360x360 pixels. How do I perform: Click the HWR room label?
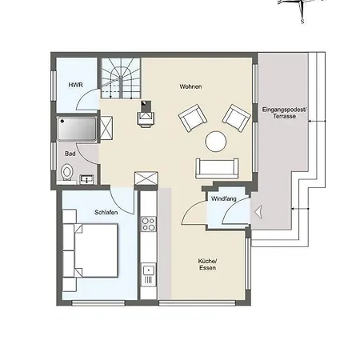(76, 85)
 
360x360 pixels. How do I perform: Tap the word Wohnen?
(190, 86)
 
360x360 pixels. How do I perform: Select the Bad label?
(70, 154)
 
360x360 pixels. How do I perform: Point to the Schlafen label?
(106, 212)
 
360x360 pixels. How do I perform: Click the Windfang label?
(223, 198)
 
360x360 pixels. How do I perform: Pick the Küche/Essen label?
(207, 264)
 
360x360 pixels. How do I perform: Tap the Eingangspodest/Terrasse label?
(284, 113)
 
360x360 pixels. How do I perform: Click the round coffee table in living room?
(216, 142)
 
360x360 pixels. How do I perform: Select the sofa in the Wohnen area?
(217, 168)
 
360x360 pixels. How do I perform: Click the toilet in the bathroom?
(66, 172)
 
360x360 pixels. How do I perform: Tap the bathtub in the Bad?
(77, 129)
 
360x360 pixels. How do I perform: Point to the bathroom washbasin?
(86, 179)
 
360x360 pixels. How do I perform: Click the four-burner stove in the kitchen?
(148, 224)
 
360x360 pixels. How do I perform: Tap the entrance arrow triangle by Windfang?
(258, 213)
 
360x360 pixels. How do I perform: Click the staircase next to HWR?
(121, 78)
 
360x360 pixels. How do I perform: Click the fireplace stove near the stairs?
(146, 114)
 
